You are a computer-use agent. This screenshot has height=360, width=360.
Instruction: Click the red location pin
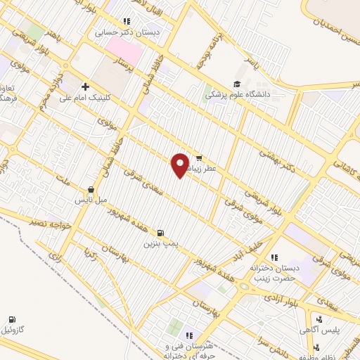click(x=180, y=165)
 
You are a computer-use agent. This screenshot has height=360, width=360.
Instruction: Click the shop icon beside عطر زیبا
click(x=200, y=158)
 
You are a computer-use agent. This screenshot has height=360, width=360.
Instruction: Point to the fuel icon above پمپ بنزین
click(x=162, y=233)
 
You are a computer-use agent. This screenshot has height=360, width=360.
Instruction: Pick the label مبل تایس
click(x=91, y=200)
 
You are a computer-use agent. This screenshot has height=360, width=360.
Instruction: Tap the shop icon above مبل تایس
click(x=91, y=189)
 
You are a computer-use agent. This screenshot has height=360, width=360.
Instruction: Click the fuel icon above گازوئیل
click(x=12, y=319)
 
